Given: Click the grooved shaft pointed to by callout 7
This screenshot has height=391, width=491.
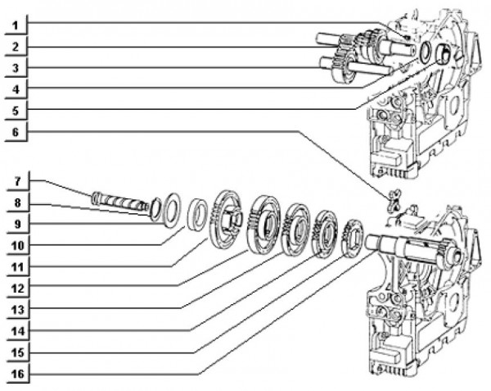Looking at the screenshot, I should (x=119, y=200).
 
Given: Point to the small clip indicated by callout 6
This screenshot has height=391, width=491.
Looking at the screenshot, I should (x=394, y=199).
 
